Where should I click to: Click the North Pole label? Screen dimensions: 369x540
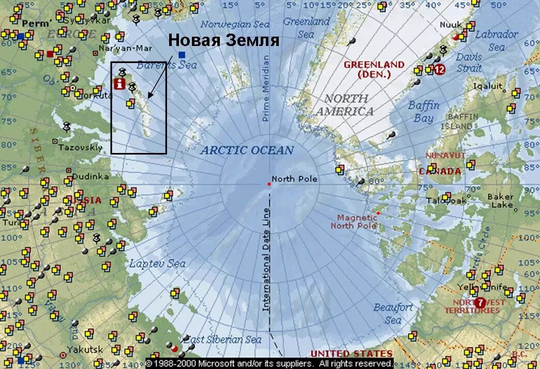coord(294,179)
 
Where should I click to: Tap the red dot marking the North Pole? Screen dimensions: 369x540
coord(269,184)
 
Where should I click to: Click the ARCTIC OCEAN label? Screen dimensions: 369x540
coord(247,150)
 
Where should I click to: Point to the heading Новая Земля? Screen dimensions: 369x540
coord(224,40)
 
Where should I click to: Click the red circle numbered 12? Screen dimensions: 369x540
coord(439,69)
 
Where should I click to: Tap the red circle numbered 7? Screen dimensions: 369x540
coord(480,302)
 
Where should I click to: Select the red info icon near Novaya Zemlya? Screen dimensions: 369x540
coord(120,84)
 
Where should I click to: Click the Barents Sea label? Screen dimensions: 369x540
coord(166,65)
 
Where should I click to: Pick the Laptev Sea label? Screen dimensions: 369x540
coord(157,264)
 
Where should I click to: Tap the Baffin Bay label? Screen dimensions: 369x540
coord(424,112)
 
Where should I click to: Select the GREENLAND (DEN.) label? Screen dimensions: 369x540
coord(374,69)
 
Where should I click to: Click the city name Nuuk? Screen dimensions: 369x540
coord(451,24)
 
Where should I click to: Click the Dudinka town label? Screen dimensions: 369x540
coord(91,176)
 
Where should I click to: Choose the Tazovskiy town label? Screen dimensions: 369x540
coord(80,147)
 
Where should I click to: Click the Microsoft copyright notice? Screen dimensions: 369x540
coord(269,364)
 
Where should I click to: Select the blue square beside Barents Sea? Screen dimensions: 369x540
coord(182,54)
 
